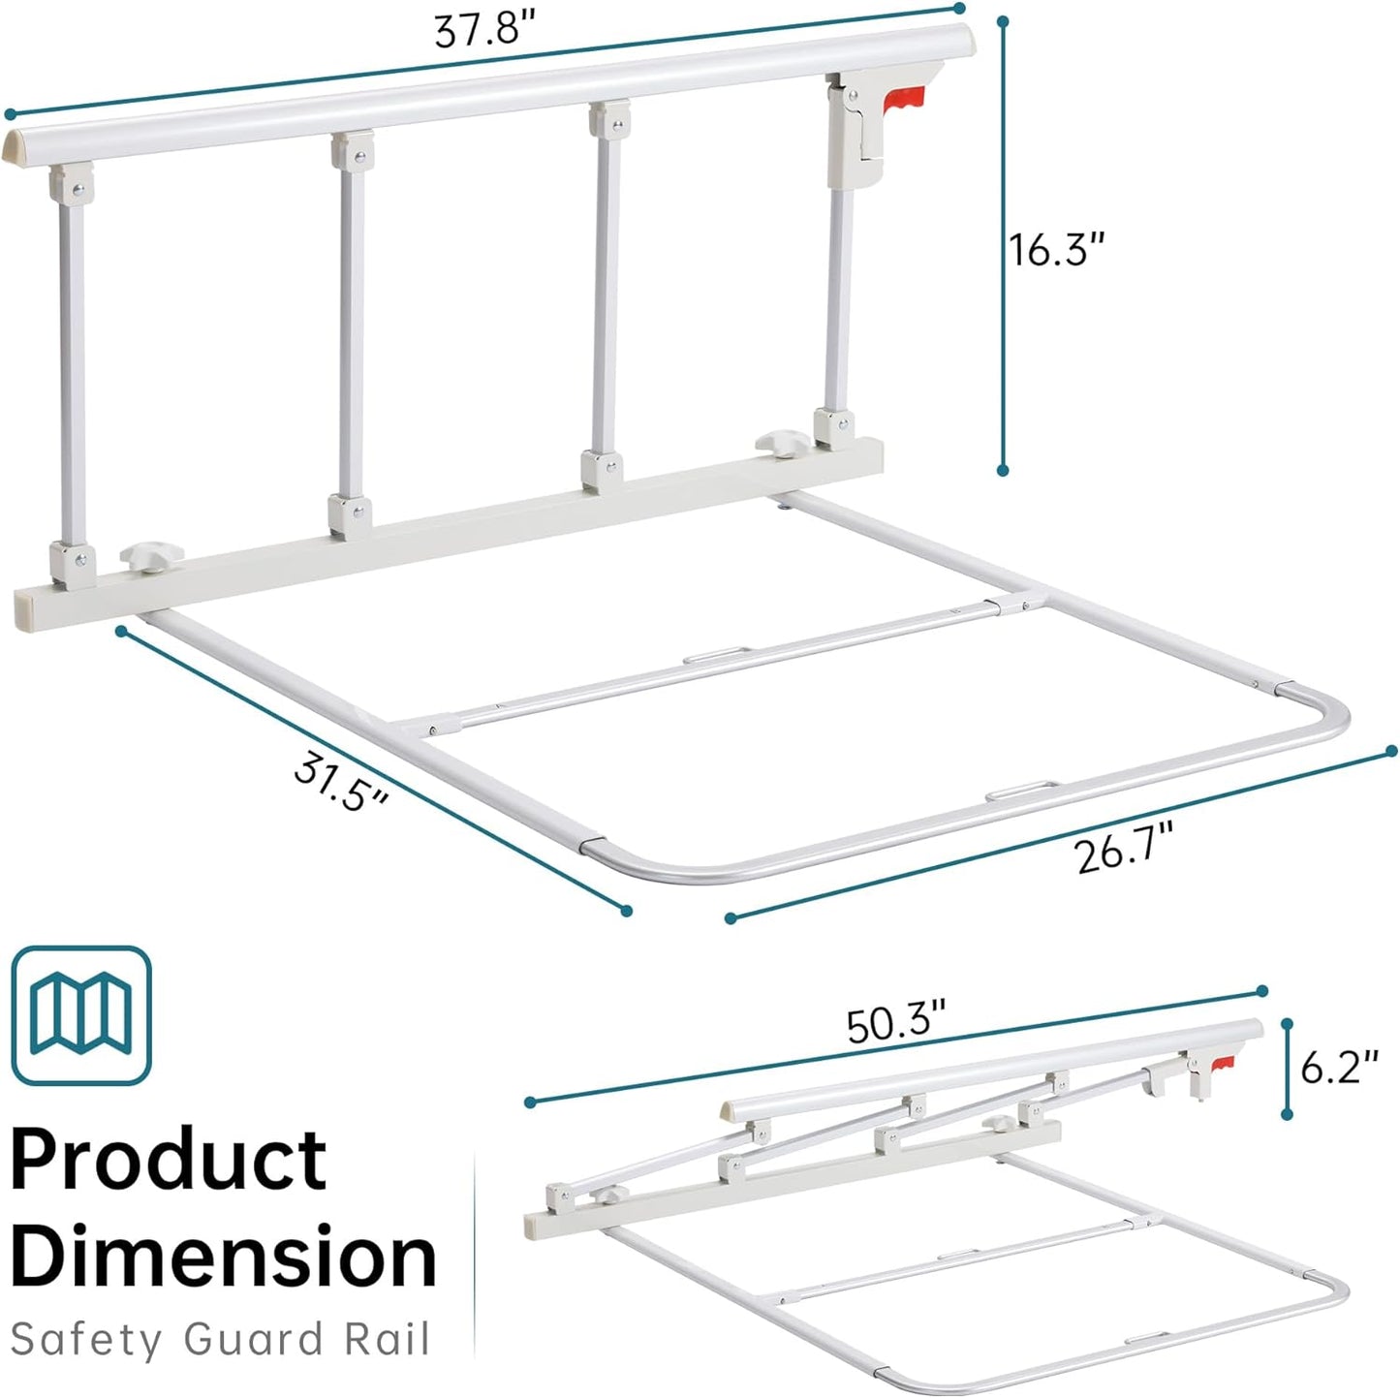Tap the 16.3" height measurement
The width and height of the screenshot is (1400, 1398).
pyautogui.click(x=1056, y=250)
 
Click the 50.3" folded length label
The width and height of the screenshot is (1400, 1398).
pyautogui.click(x=895, y=1024)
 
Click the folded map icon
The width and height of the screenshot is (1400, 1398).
pyautogui.click(x=81, y=1014)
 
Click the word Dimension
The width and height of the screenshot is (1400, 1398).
pyautogui.click(x=223, y=1258)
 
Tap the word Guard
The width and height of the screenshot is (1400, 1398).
pyautogui.click(x=253, y=1340)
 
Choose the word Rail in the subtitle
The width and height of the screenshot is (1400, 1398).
pyautogui.click(x=387, y=1340)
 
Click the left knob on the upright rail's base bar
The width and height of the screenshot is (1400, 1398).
pyautogui.click(x=151, y=557)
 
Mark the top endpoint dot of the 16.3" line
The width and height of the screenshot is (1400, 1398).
pyautogui.click(x=1003, y=19)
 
